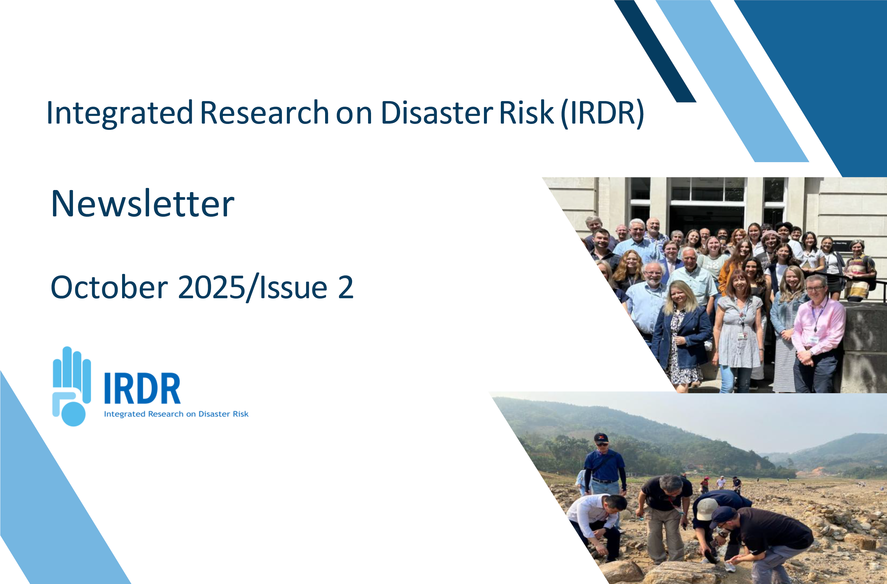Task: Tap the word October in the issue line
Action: tap(109, 287)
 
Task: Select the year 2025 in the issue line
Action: tap(211, 287)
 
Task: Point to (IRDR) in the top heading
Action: tap(602, 113)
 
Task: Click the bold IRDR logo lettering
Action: tap(142, 388)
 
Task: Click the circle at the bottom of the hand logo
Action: tap(73, 414)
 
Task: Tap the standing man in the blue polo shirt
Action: tap(605, 470)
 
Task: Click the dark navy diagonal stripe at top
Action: tap(655, 51)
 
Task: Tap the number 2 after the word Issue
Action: tap(346, 287)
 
